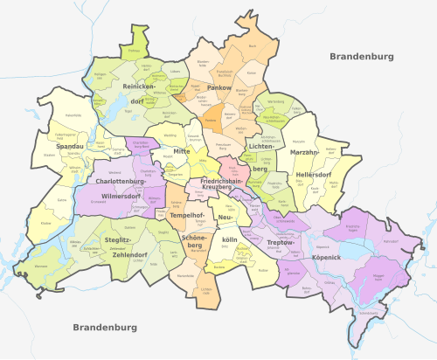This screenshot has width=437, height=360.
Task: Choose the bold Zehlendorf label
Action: click(128, 254)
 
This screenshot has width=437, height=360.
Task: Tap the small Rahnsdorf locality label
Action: click(391, 240)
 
